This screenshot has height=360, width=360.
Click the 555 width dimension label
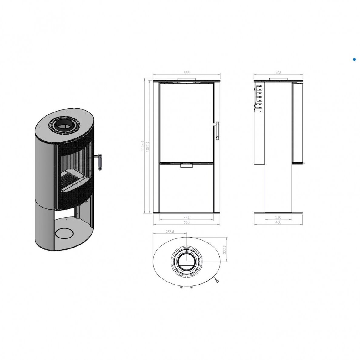click(x=187, y=73)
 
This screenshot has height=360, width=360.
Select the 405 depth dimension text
click(x=278, y=73)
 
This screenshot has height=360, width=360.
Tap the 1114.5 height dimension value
click(x=143, y=146)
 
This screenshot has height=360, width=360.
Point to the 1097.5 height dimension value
click(x=147, y=146)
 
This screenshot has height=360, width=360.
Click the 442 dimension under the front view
click(x=187, y=217)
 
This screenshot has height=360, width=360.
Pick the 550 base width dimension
click(x=187, y=222)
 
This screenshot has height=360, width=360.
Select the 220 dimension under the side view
click(x=278, y=217)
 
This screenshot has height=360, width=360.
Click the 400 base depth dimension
click(x=278, y=222)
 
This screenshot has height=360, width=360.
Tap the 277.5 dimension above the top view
click(x=170, y=232)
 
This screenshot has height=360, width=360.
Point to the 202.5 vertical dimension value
click(x=224, y=250)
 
